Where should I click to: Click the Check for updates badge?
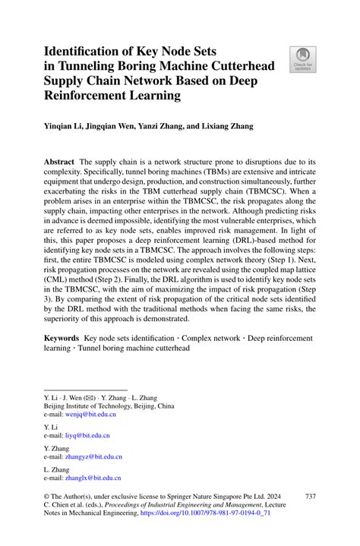(303, 61)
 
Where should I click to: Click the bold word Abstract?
(58, 163)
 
